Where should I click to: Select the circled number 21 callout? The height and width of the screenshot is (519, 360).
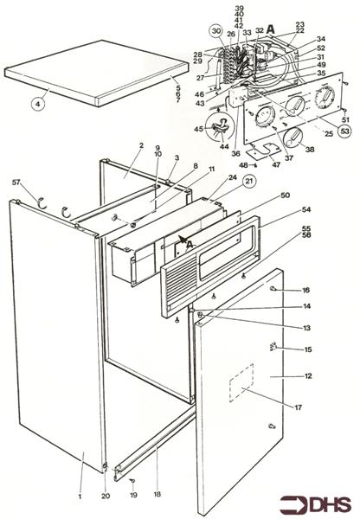(249, 183)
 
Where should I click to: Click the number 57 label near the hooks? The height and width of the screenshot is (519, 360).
(16, 183)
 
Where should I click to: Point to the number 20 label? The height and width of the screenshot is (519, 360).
(106, 497)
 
